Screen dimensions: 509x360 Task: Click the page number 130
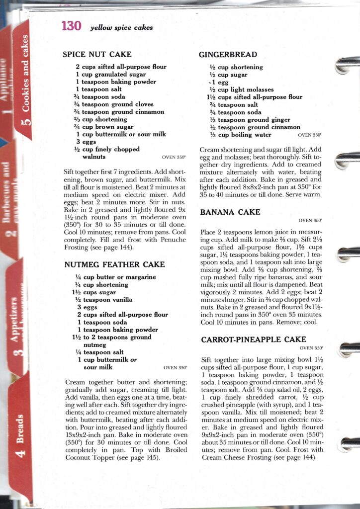(71, 27)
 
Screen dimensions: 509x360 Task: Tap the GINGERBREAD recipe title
(228, 55)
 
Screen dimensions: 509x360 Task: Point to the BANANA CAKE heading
(230, 212)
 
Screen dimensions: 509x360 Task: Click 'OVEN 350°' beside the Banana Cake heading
(310, 220)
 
